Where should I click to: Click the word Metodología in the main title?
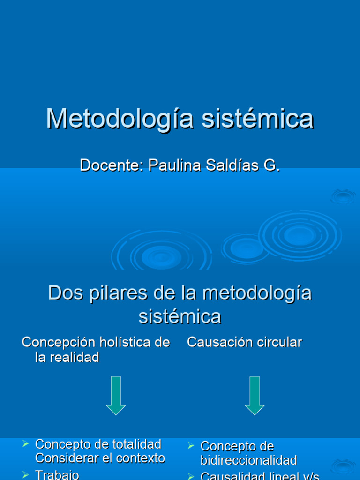120,119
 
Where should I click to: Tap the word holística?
126,343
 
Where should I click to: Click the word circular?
279,343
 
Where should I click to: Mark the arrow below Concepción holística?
115,395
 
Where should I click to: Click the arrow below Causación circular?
255,395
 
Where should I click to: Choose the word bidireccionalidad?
248,460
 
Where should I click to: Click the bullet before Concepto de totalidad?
26,443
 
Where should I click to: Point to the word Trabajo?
57,475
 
